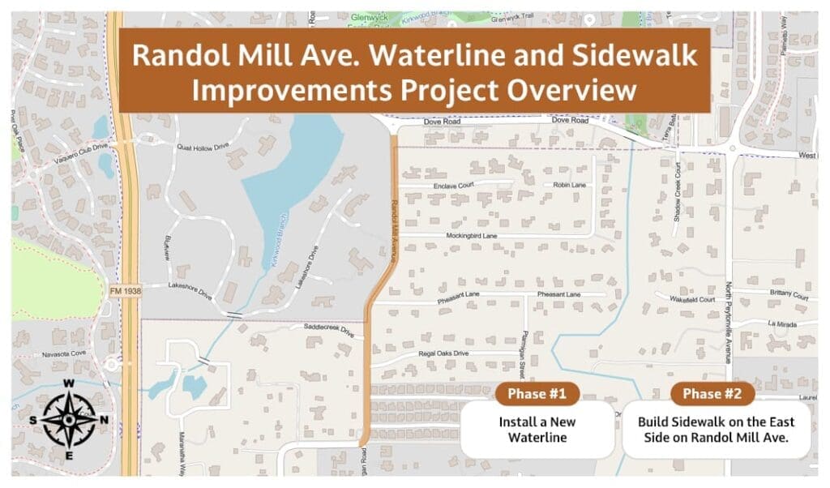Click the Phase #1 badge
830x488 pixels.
click(537, 394)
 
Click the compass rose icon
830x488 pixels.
click(69, 419)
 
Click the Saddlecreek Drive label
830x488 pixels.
click(330, 331)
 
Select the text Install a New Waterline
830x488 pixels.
click(537, 430)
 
